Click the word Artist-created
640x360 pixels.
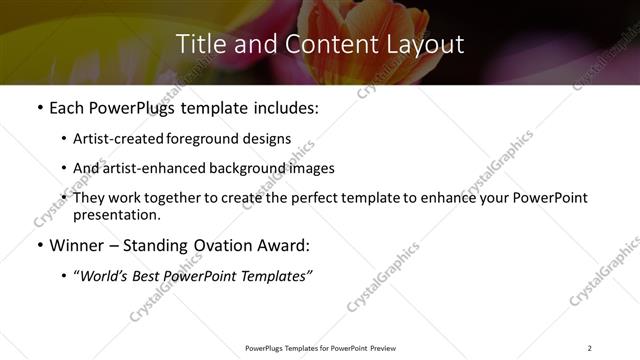(119, 139)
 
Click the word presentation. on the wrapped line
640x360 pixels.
(116, 214)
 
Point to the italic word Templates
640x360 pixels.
(272, 276)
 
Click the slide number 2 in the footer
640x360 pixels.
(589, 348)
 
